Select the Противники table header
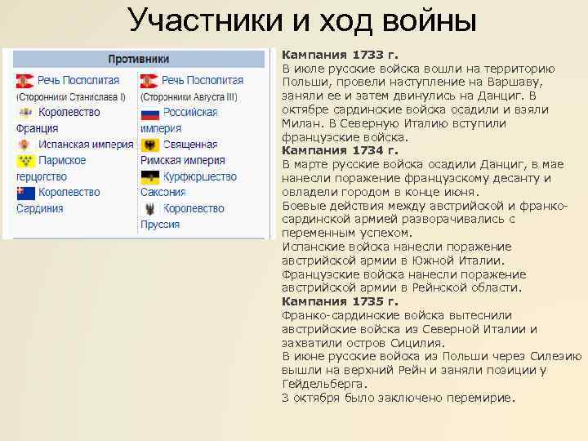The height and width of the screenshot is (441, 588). [x=139, y=59]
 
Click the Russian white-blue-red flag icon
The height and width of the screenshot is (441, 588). [x=149, y=113]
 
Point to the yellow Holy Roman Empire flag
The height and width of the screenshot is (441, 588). [x=149, y=145]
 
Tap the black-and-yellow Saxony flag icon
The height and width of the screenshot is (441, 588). [x=149, y=177]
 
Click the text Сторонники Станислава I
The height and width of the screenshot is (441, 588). [x=71, y=96]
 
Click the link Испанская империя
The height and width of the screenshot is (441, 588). [x=85, y=145]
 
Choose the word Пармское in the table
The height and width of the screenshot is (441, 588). [x=62, y=160]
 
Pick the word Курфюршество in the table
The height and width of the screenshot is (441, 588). [x=200, y=176]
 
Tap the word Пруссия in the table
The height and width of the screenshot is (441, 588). [x=160, y=224]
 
